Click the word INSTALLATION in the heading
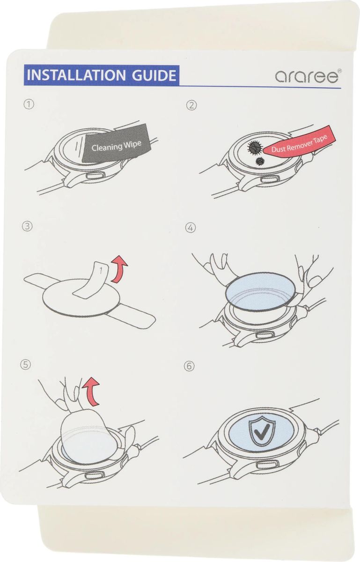(x=76, y=75)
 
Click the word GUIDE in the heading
(x=154, y=75)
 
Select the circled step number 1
(x=29, y=104)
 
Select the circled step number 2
(x=191, y=105)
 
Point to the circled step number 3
(x=27, y=227)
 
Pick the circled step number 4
(x=191, y=228)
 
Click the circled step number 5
(x=25, y=364)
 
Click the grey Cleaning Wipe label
(x=116, y=145)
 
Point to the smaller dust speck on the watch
(x=260, y=161)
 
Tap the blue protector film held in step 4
(x=260, y=291)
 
